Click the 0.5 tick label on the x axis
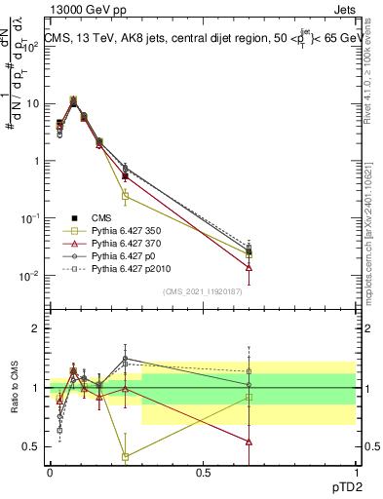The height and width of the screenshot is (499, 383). (x=203, y=472)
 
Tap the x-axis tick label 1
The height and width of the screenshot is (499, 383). (x=355, y=472)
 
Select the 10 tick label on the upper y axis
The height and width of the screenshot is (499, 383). (x=32, y=103)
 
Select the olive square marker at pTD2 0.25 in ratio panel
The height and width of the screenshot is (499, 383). (x=126, y=456)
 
